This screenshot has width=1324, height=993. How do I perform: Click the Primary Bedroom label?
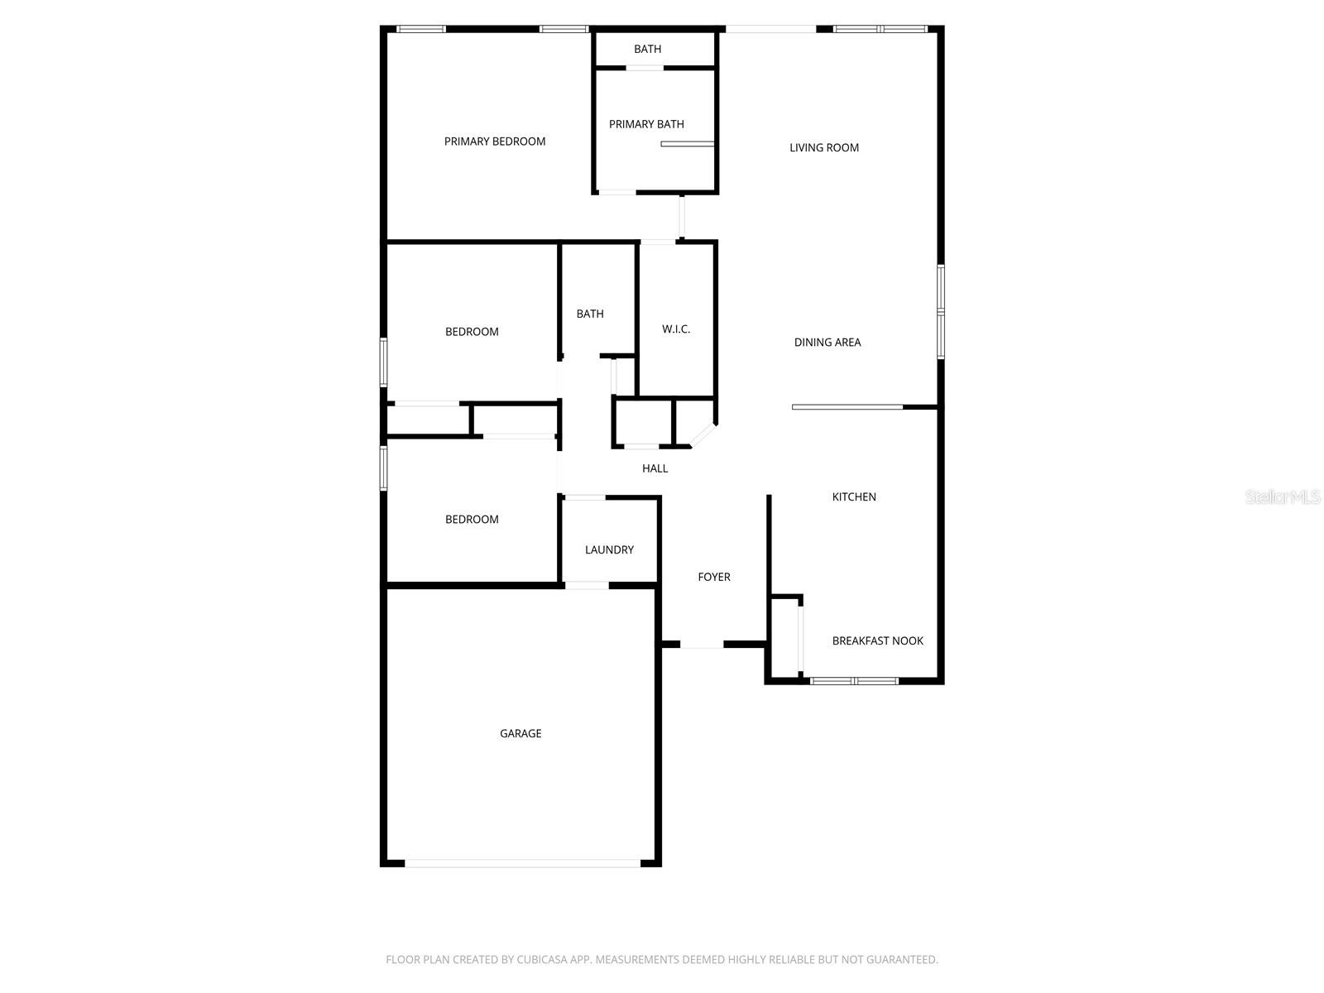[495, 142]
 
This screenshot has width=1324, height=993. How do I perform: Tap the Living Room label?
[824, 147]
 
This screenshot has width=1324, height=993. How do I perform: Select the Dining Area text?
[827, 342]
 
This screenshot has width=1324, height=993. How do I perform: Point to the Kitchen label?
[854, 496]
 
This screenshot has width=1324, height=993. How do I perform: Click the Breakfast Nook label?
[877, 640]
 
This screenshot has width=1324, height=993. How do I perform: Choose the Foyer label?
[714, 577]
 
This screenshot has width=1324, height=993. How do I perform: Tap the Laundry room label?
[609, 549]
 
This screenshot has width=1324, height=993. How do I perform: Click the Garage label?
[520, 733]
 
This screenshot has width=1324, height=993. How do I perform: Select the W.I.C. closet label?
[676, 329]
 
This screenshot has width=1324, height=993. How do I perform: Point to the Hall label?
[655, 468]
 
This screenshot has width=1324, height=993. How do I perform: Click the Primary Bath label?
[646, 124]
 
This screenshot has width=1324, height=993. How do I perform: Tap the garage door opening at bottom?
[522, 863]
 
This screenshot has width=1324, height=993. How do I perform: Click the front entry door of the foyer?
[702, 645]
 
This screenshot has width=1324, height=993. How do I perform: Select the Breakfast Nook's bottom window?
[854, 681]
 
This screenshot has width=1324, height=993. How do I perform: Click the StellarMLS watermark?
[1283, 497]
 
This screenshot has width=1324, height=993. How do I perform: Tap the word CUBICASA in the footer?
[542, 960]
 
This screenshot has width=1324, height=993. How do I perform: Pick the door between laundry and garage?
[587, 586]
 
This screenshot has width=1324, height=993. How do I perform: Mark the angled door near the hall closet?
[703, 436]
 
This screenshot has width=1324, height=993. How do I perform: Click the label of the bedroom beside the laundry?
[472, 520]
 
